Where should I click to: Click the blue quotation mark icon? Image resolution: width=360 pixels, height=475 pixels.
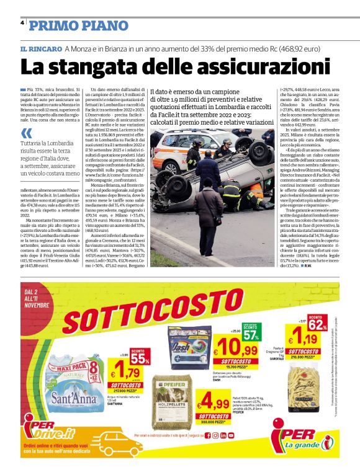pyautogui.click(x=25, y=133)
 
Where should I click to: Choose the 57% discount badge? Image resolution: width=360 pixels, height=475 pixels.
pyautogui.click(x=250, y=335)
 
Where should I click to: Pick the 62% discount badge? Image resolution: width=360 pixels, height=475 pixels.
pyautogui.click(x=316, y=322)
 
